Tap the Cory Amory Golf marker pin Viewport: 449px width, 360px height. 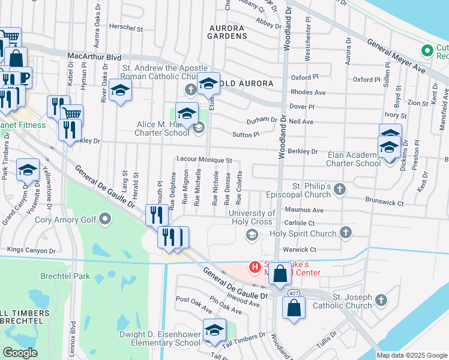[106, 218]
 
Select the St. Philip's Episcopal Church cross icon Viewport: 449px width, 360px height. [340, 190]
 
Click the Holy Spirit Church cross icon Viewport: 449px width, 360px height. [345, 232]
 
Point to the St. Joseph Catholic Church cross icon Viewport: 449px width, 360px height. [381, 299]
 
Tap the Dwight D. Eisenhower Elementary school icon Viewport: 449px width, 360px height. [214, 331]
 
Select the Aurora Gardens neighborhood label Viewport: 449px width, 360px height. [228, 32]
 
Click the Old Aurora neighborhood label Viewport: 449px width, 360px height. [247, 82]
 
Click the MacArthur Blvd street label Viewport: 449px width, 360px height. [94, 57]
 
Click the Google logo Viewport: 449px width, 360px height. [20, 353]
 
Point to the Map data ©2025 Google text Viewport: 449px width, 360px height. [411, 355]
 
